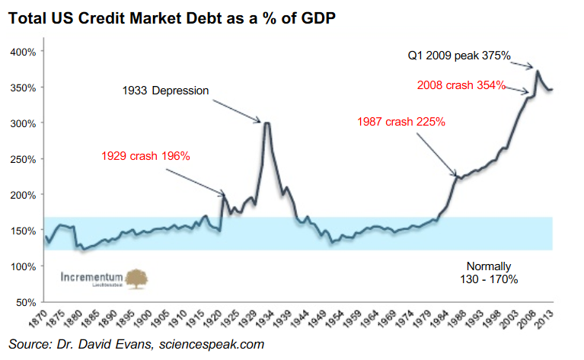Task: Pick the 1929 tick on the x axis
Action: pos(247,317)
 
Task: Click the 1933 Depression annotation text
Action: pos(165,91)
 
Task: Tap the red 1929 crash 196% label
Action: pos(145,156)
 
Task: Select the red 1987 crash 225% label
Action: pos(401,121)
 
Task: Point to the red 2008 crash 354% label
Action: pos(461,85)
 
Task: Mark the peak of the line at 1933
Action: pos(266,123)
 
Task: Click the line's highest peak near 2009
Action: pos(538,71)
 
